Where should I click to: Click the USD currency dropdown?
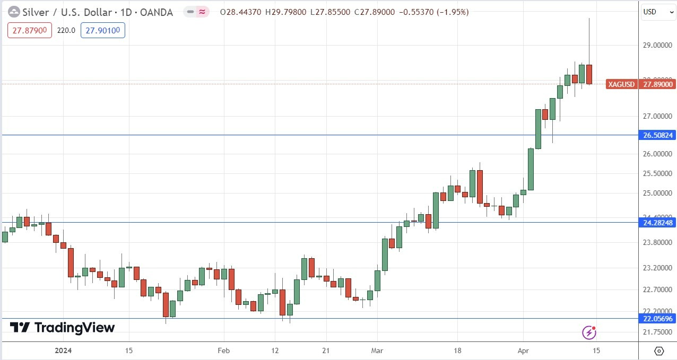[x=656, y=12]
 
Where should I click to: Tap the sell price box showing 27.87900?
[x=30, y=31]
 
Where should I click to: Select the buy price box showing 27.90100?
[x=102, y=31]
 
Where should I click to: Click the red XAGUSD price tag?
[x=622, y=84]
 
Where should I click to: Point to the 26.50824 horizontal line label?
[x=658, y=135]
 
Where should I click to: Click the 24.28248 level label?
[x=658, y=223]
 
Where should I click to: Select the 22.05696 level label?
[x=658, y=319]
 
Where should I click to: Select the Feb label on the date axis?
[x=223, y=350]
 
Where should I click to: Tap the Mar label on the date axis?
[x=377, y=350]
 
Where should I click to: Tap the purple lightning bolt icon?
[x=589, y=332]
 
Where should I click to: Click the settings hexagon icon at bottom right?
[x=658, y=350]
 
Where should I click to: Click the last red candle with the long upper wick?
[x=589, y=74]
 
